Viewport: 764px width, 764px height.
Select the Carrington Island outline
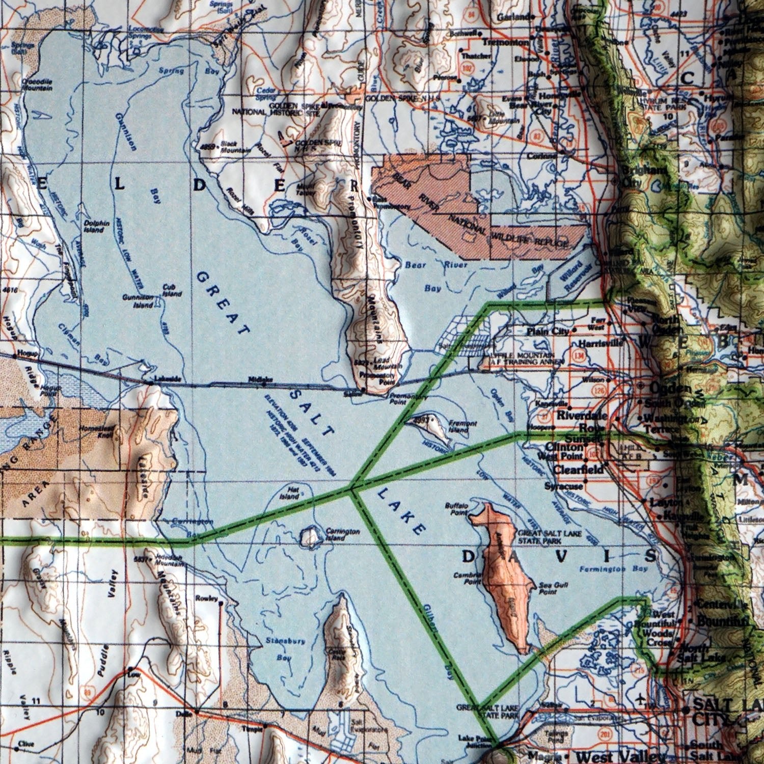tap(309, 536)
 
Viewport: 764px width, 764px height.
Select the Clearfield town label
tap(578, 469)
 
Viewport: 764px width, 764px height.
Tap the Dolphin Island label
tap(97, 226)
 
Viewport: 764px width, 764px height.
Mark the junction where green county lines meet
tap(351, 489)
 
